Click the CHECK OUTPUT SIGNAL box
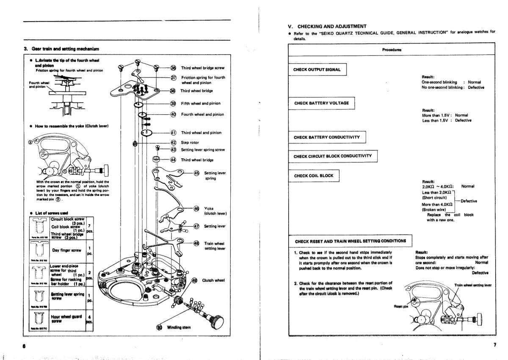317,69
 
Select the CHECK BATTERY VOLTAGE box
321,103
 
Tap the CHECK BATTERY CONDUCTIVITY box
327,137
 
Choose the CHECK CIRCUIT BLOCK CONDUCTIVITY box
332,156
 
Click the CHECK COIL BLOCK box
314,176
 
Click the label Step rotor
190,143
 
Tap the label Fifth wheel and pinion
201,103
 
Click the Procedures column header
392,49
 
